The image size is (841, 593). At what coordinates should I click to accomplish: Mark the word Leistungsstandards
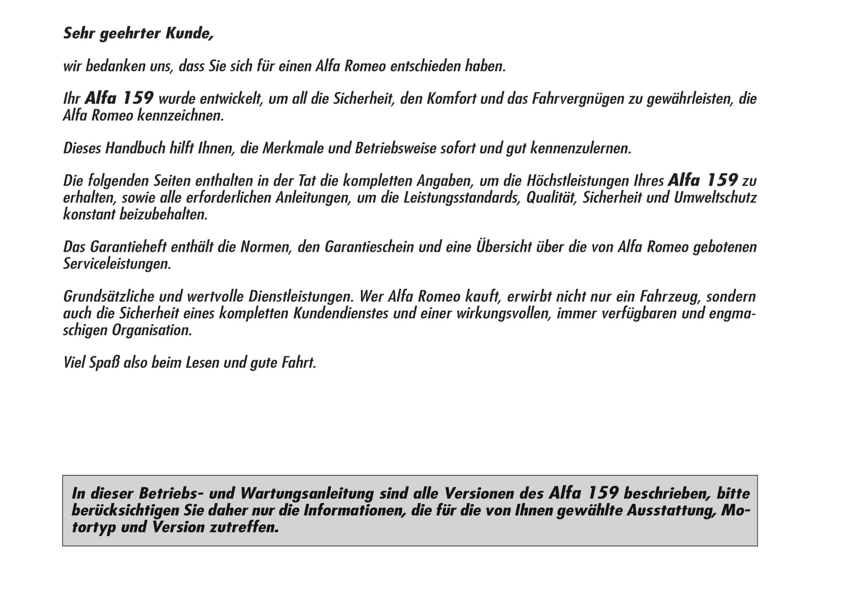click(x=459, y=197)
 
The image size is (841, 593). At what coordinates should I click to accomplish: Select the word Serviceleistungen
click(x=117, y=264)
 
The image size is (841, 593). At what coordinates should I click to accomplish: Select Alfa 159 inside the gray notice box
click(x=583, y=493)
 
